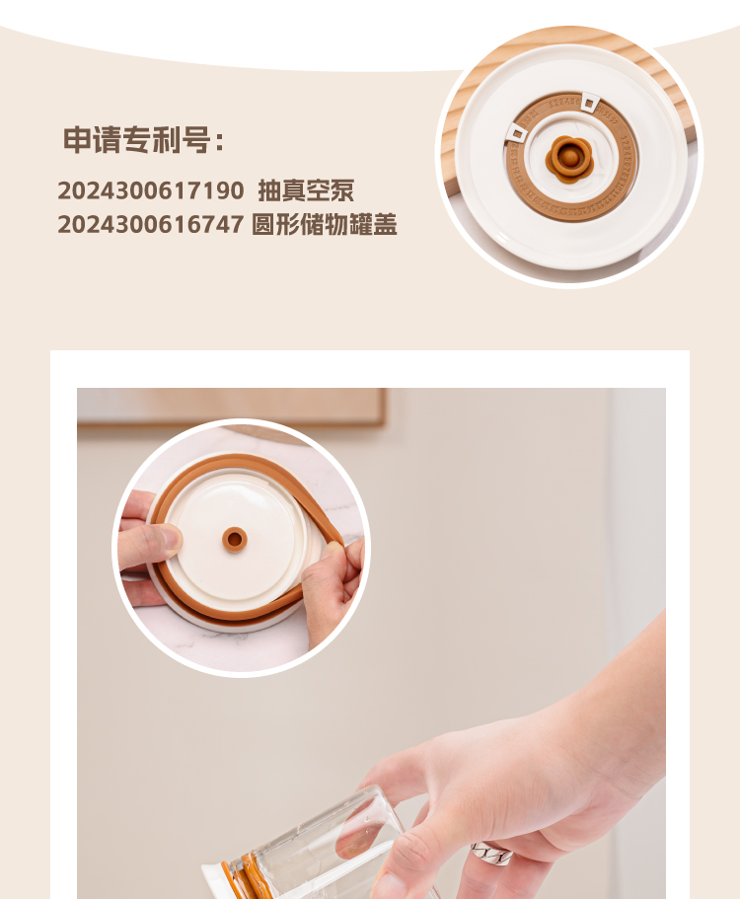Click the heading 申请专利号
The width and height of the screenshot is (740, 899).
[136, 140]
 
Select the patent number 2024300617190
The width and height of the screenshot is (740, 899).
[151, 190]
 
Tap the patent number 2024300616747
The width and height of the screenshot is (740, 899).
[151, 224]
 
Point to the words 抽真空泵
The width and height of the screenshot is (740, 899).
[306, 190]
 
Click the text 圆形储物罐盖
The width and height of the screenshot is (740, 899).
[325, 224]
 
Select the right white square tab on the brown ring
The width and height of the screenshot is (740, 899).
[589, 104]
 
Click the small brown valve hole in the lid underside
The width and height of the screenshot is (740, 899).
[235, 539]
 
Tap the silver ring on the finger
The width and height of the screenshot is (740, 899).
[491, 854]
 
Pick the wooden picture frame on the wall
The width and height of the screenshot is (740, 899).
[231, 408]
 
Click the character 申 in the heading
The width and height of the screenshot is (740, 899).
[77, 140]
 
